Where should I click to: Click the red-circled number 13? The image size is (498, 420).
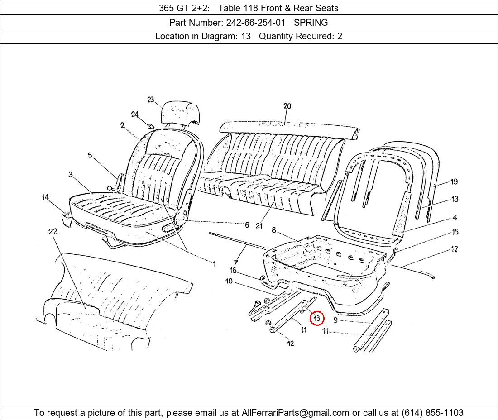[x=317, y=318]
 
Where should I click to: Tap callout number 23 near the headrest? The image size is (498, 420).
[x=151, y=100]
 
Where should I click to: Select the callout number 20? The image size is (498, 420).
[x=287, y=106]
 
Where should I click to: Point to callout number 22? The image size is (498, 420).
[x=53, y=231]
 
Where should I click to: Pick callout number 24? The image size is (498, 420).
[x=135, y=115]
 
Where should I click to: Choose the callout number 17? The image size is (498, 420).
[x=454, y=249]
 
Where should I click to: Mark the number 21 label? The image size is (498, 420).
[x=259, y=226]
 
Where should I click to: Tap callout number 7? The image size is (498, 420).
[x=236, y=262]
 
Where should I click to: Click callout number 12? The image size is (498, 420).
[x=290, y=343]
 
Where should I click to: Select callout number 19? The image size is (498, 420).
[x=454, y=181]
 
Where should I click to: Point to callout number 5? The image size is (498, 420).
[x=90, y=155]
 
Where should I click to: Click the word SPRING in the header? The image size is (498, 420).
[x=311, y=23]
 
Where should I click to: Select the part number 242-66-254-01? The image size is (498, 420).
[x=256, y=23]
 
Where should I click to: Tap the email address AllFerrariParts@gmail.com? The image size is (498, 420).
[x=295, y=413]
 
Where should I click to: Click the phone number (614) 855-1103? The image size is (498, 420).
[x=432, y=413]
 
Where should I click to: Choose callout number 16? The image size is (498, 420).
[x=234, y=271]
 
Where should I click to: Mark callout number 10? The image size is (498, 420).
[x=229, y=281]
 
